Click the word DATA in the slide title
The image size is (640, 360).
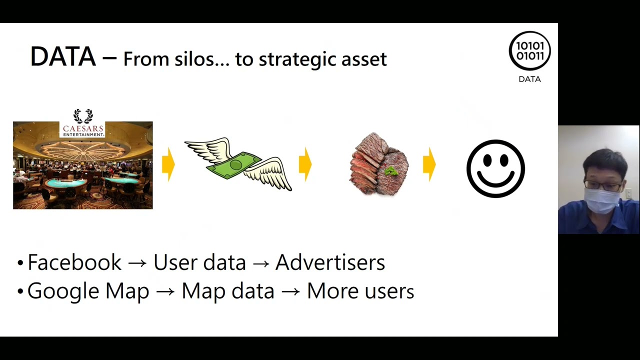tap(62, 56)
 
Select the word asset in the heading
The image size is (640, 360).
tap(364, 59)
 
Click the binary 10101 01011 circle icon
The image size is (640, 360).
tap(529, 51)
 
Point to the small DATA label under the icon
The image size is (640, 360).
tap(529, 79)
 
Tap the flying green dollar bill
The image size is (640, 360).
tap(238, 163)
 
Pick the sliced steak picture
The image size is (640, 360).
tap(379, 164)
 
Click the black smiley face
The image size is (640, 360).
tap(495, 168)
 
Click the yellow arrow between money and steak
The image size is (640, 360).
tap(305, 164)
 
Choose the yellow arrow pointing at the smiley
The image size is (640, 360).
tap(429, 164)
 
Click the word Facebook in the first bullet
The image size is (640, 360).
tap(74, 262)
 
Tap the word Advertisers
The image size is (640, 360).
tap(330, 262)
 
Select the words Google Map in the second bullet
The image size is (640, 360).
tap(88, 291)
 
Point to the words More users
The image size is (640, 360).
tap(360, 291)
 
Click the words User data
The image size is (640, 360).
tap(199, 262)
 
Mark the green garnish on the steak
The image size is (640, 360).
tap(391, 171)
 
